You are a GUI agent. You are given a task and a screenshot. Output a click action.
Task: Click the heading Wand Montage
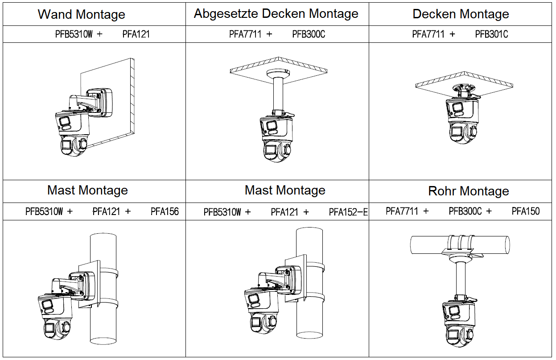tap(81, 14)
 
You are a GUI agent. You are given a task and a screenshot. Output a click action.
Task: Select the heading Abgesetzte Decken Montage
tap(276, 14)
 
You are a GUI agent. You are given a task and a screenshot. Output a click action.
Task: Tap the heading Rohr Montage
tap(468, 191)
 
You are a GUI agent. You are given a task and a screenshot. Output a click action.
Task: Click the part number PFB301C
tap(491, 34)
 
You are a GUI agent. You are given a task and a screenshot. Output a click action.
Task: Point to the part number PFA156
tap(165, 211)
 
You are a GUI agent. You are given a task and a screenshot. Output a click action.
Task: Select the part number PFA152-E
tap(348, 212)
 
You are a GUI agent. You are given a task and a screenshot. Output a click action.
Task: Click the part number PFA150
tap(525, 211)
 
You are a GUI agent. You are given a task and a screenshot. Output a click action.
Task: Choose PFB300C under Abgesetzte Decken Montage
tap(309, 34)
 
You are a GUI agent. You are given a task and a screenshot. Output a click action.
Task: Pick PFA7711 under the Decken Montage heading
tap(428, 34)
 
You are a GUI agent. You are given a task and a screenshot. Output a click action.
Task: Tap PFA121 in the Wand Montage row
tap(136, 34)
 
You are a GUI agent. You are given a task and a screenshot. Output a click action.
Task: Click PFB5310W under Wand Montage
tap(74, 34)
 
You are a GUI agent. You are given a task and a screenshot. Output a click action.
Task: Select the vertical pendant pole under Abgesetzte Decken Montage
tap(278, 94)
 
